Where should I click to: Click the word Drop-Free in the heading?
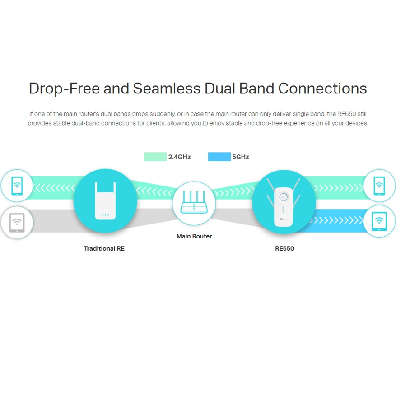click(x=64, y=89)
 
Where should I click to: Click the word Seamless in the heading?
click(x=166, y=89)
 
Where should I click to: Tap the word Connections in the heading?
click(x=322, y=89)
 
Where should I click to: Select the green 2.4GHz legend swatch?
click(x=155, y=157)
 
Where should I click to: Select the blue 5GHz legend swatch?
click(x=219, y=157)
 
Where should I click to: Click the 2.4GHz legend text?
click(x=179, y=157)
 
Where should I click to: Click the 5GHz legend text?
click(x=241, y=157)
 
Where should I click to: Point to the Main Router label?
click(x=194, y=236)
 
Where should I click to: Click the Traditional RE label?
click(x=104, y=248)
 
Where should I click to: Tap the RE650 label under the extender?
click(x=284, y=248)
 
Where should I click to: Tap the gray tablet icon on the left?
click(x=17, y=223)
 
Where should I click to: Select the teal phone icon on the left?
click(x=17, y=185)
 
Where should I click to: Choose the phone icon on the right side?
click(x=379, y=185)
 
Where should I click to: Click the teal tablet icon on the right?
click(x=379, y=221)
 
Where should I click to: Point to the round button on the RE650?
click(x=283, y=197)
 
